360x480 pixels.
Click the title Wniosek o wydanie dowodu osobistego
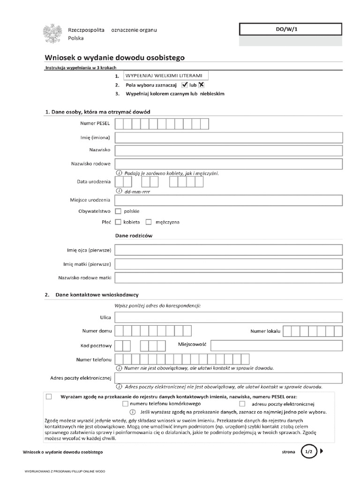click(115, 58)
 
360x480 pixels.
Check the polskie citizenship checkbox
click(118, 211)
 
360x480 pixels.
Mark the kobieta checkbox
click(118, 222)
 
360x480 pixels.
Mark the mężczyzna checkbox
click(149, 222)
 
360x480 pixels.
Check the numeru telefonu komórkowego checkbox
click(125, 404)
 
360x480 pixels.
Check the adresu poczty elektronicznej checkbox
click(242, 404)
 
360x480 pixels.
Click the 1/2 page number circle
click(308, 452)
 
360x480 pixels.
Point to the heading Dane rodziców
click(134, 236)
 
